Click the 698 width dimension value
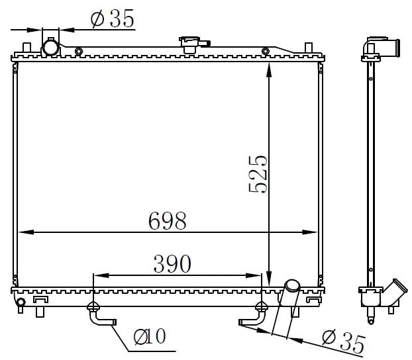(x=168, y=220)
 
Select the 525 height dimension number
(x=258, y=175)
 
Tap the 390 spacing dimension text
(x=172, y=263)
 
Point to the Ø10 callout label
(x=150, y=336)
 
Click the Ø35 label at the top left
(x=113, y=19)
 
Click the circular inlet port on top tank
(x=51, y=48)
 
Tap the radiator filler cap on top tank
(x=194, y=44)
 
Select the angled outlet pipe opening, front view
(x=293, y=286)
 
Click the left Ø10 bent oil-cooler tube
(x=101, y=316)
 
